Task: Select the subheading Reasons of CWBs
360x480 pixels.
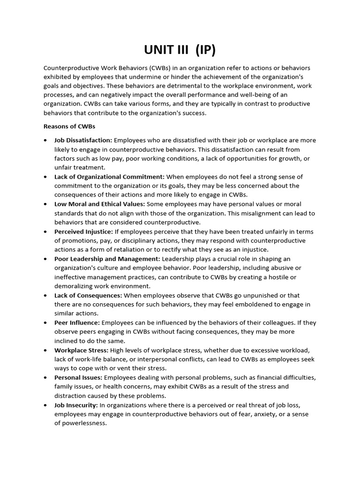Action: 69,127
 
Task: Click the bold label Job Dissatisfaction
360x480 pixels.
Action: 83,140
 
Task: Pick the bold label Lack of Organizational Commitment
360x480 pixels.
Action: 109,177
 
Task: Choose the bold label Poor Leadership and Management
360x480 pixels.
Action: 107,259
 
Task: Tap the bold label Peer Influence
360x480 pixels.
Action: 77,322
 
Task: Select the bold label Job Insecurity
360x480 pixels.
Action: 76,405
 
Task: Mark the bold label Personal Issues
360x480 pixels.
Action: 78,377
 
